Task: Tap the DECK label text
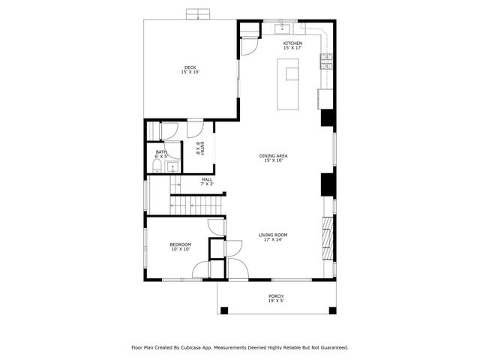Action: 190,70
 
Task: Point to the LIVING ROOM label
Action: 273,237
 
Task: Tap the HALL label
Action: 207,181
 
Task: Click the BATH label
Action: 161,154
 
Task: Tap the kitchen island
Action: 290,85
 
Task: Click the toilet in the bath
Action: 157,168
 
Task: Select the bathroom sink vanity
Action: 172,166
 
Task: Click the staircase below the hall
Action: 196,203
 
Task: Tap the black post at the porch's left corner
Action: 223,310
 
